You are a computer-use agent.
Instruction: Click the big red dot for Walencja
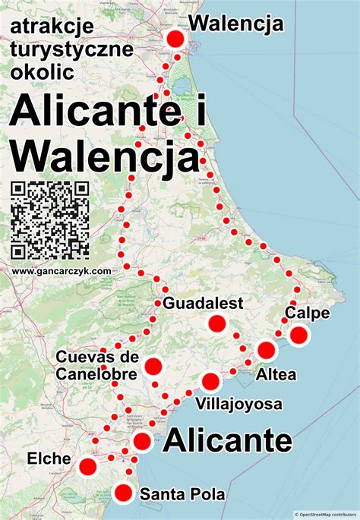[176, 40]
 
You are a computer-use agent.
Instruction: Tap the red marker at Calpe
[299, 336]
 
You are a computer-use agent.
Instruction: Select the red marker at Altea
[266, 351]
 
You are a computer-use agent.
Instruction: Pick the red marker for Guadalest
[217, 324]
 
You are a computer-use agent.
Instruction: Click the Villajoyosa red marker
[210, 381]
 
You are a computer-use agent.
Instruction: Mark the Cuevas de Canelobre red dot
[153, 367]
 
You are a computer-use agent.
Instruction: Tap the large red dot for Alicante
[142, 441]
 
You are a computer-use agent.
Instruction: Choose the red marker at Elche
[88, 466]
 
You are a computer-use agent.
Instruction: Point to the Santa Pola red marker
[124, 493]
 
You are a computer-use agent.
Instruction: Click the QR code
[50, 220]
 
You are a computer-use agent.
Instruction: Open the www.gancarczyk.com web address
[62, 270]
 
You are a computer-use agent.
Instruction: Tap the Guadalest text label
[204, 304]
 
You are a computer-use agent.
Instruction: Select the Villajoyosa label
[239, 403]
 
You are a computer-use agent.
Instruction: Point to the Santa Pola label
[182, 495]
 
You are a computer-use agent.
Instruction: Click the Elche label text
[49, 459]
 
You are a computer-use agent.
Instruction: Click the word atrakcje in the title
[52, 27]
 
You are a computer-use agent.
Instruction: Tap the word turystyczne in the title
[72, 50]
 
